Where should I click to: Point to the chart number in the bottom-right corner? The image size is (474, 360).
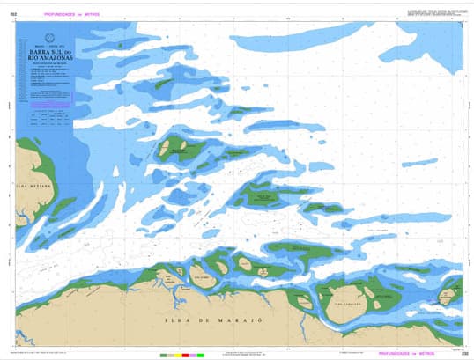click(463, 353)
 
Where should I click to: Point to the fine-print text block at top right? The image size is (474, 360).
click(431, 11)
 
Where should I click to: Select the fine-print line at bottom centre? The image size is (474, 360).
click(251, 353)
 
